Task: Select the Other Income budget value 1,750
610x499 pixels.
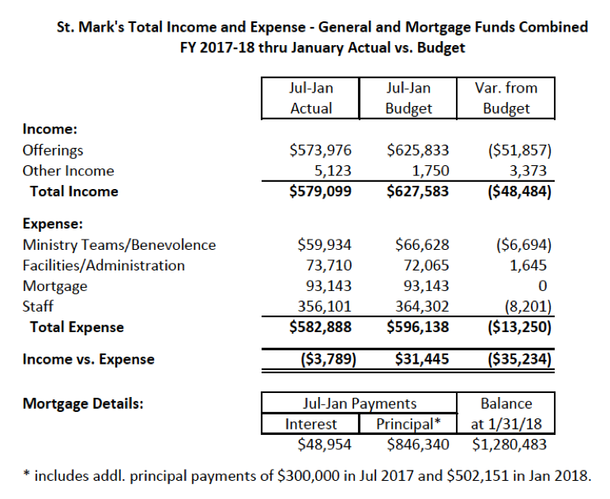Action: tap(431, 171)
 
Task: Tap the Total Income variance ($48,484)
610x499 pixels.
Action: tap(513, 191)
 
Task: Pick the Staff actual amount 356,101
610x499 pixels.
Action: tap(324, 306)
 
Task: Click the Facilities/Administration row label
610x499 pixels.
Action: tap(104, 266)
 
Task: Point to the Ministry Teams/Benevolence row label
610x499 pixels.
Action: tap(119, 245)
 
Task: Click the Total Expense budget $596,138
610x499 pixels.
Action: tap(422, 327)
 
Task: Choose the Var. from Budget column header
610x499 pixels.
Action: tap(506, 98)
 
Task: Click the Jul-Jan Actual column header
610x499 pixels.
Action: tap(311, 98)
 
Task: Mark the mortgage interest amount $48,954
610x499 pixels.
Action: tap(324, 444)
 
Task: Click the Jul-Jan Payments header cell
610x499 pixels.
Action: tap(360, 404)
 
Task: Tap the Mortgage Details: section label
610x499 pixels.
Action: tap(83, 404)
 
